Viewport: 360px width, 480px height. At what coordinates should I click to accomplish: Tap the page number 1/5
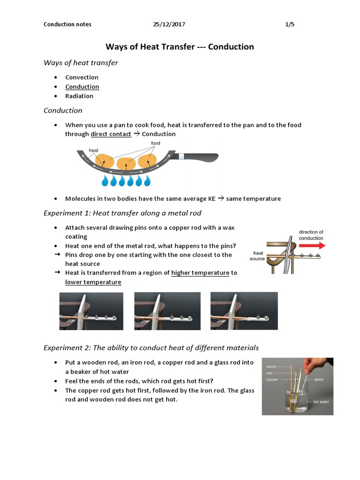290,24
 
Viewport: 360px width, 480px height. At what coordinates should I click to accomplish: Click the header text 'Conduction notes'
67,24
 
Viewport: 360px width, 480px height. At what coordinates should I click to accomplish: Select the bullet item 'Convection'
82,77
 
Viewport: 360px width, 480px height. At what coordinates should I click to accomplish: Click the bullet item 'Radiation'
79,96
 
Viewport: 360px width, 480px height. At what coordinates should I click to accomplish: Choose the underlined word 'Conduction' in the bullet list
82,87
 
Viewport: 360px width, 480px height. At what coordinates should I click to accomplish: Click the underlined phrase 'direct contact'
111,134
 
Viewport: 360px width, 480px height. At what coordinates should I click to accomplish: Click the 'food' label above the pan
156,143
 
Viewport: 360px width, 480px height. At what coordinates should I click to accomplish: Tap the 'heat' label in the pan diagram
94,150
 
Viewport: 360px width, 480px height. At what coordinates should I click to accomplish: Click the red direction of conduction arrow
312,245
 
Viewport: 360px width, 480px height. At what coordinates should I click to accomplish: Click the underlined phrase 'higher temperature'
200,273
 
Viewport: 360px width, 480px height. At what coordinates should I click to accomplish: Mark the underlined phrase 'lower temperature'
93,282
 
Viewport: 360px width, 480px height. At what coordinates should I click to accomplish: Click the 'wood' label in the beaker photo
271,367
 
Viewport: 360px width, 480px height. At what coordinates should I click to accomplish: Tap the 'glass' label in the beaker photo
319,379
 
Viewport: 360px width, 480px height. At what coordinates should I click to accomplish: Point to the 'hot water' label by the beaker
322,402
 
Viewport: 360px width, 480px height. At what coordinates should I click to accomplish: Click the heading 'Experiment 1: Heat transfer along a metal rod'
122,213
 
